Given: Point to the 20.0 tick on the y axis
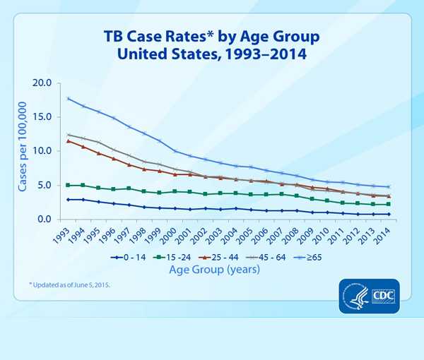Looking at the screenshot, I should tap(42, 83).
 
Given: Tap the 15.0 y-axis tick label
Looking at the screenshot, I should tap(42, 116).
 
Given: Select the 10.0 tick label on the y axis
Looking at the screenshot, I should tap(42, 151).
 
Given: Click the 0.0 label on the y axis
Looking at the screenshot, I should tap(45, 220).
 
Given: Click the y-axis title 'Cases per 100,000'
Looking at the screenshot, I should tap(23, 151).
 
